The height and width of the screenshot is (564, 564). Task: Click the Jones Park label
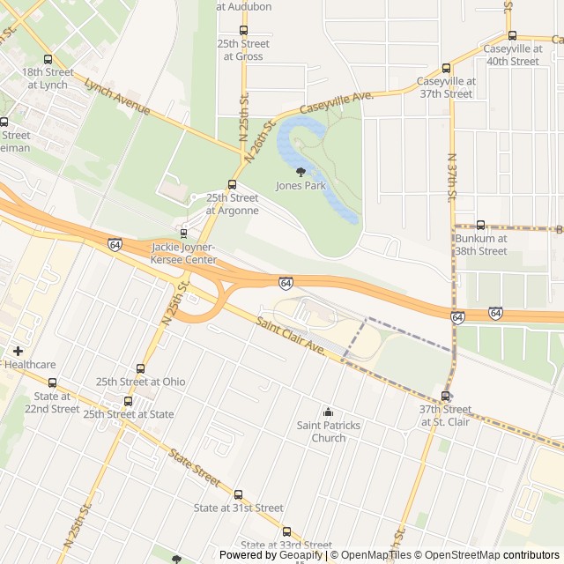(301, 186)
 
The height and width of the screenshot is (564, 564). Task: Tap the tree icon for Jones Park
(301, 172)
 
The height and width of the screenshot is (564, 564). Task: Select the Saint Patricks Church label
(328, 432)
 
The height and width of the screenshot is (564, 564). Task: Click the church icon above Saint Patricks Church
(328, 412)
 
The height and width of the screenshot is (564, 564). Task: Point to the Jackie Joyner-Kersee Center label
(184, 254)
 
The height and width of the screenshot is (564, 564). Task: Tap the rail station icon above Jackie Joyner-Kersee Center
(183, 234)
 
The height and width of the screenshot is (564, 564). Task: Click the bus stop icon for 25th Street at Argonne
(232, 185)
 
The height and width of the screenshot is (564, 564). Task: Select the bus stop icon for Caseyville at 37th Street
(446, 67)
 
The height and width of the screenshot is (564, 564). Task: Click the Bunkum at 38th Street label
(480, 244)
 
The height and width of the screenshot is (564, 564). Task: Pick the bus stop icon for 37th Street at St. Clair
(445, 396)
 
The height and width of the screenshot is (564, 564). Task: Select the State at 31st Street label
(238, 508)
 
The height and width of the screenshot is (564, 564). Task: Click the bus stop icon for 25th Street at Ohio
(140, 368)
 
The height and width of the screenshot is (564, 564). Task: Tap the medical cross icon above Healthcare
(18, 351)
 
